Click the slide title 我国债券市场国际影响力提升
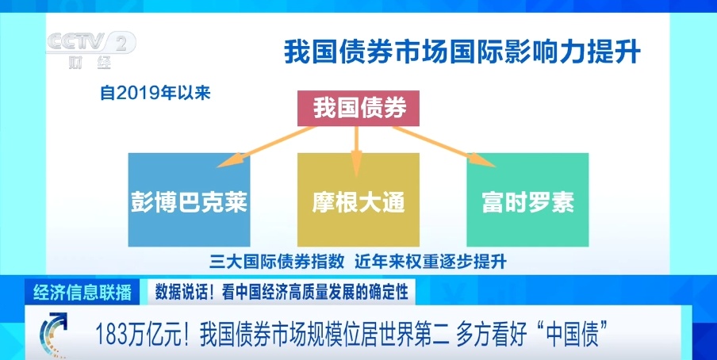(x=462, y=52)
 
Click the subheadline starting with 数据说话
(x=281, y=292)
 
